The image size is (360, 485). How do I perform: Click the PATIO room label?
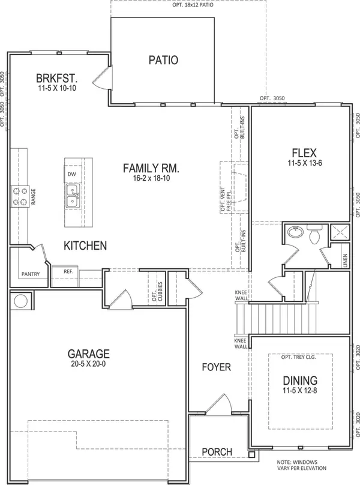[163, 60]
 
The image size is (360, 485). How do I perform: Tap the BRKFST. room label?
[56, 78]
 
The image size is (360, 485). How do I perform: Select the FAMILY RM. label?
[151, 168]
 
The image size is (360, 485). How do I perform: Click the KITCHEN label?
[85, 246]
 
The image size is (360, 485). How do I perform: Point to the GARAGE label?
[88, 354]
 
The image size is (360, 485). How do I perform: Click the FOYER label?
[217, 367]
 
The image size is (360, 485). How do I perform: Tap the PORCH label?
[217, 452]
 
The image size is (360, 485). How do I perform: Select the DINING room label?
[300, 381]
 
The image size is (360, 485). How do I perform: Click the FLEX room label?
[304, 153]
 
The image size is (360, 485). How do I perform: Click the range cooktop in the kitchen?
[20, 197]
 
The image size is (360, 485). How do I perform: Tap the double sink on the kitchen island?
[72, 196]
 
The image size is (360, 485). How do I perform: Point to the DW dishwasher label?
[72, 174]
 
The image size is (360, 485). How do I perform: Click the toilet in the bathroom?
[314, 234]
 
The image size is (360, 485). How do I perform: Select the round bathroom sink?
[295, 231]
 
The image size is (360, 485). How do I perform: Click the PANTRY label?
[31, 274]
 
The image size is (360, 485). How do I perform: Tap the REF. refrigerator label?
[68, 271]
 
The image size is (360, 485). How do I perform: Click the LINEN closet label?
[345, 261]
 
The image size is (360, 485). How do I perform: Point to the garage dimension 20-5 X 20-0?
[88, 364]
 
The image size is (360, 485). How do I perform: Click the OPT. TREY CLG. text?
[298, 357]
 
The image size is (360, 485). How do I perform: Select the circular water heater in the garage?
[21, 301]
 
